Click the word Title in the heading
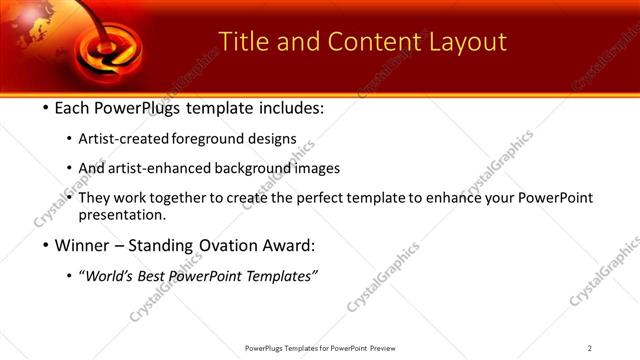[x=242, y=41]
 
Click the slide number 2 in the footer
[x=590, y=348]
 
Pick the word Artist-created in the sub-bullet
[x=123, y=139]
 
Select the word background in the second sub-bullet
[x=255, y=169]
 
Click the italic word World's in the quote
[x=111, y=277]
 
